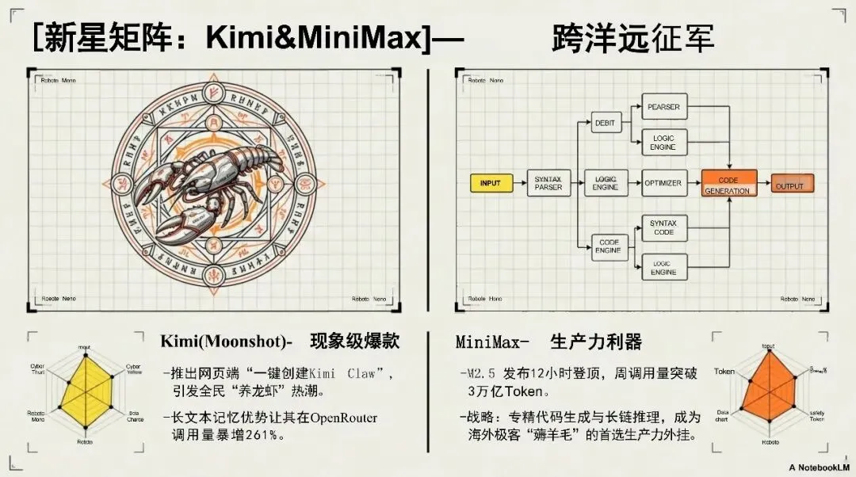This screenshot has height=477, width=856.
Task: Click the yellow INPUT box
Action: pyautogui.click(x=491, y=183)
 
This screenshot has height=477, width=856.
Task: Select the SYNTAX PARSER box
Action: pyautogui.click(x=548, y=183)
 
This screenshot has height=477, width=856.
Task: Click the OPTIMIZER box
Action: pyautogui.click(x=663, y=183)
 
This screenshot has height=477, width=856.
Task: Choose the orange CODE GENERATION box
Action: pyautogui.click(x=728, y=185)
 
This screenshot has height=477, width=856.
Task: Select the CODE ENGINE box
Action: pyautogui.click(x=609, y=246)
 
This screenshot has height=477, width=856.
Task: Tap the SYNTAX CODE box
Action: pyautogui.click(x=663, y=228)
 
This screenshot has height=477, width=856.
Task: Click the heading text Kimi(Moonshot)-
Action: pyautogui.click(x=227, y=342)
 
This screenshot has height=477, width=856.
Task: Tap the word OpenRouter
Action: pyautogui.click(x=343, y=418)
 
